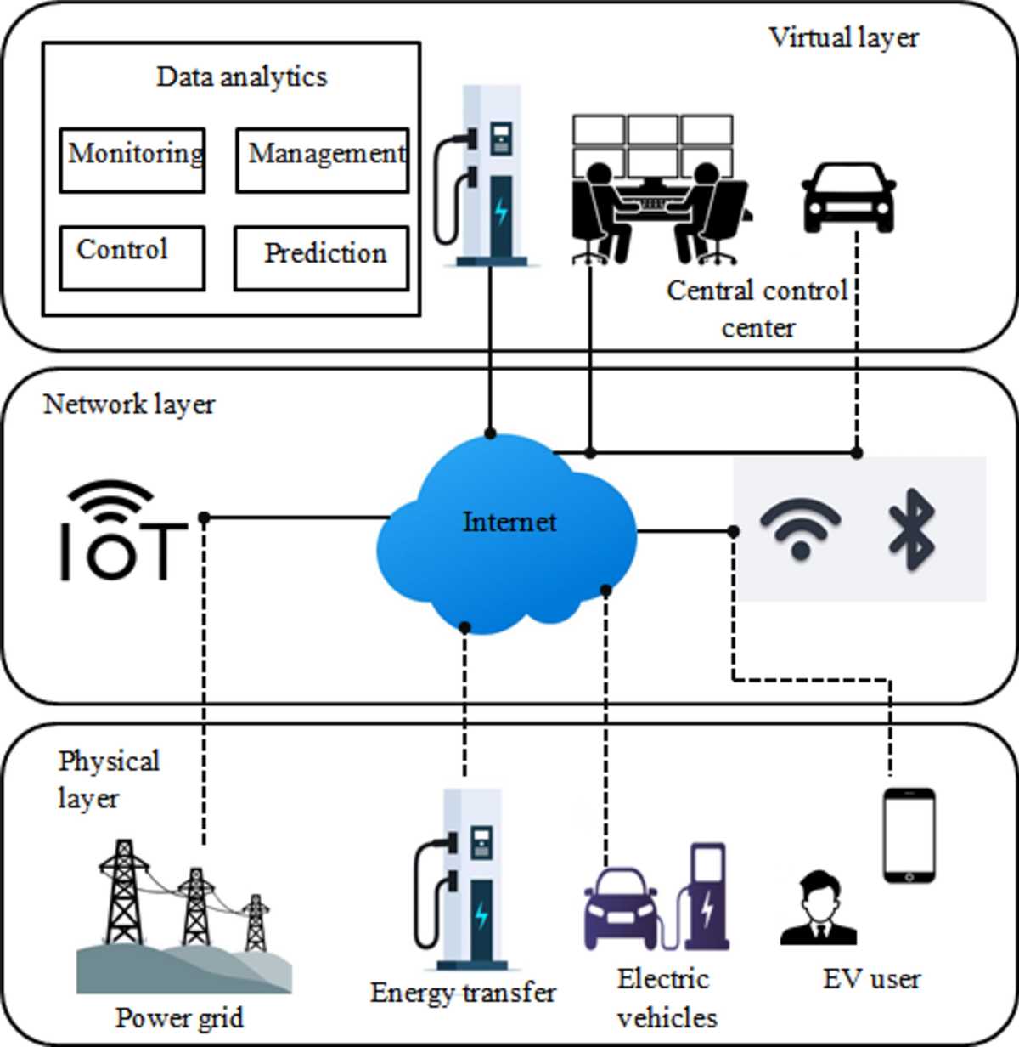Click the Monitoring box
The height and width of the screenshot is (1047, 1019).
click(132, 160)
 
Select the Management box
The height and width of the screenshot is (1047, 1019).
click(323, 160)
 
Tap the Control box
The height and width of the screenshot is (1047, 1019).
click(132, 258)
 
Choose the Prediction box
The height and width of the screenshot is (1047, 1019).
click(322, 258)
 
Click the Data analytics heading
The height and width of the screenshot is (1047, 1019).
click(242, 77)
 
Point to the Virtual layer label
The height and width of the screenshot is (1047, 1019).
click(844, 38)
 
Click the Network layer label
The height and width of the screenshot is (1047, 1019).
click(129, 404)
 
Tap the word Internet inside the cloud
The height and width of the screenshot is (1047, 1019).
click(509, 522)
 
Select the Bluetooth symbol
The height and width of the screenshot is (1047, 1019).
click(912, 529)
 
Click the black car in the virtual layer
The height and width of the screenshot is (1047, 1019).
click(849, 197)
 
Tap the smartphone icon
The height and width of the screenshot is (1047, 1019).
click(909, 835)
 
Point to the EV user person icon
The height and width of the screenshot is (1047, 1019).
click(819, 908)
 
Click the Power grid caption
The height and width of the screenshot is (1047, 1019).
click(180, 1018)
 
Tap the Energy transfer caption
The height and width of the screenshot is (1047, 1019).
click(463, 993)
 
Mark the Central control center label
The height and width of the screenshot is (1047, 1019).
click(757, 308)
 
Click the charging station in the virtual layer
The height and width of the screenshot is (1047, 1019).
click(484, 176)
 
